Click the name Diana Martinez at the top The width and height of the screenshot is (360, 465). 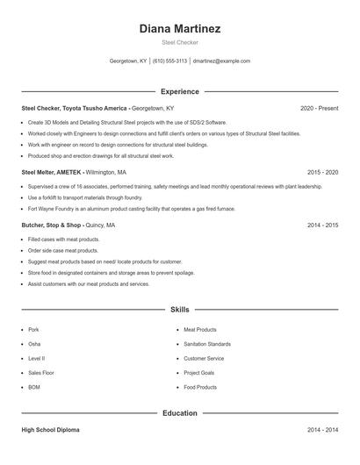180,29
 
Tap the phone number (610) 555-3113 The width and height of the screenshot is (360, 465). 169,61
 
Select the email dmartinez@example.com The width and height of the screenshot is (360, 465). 221,61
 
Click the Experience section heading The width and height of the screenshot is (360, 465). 180,91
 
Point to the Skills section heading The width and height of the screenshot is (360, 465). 180,310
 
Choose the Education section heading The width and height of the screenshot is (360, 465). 180,412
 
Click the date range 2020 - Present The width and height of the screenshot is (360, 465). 319,108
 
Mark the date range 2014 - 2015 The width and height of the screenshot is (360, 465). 322,225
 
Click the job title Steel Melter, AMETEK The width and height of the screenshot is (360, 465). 51,173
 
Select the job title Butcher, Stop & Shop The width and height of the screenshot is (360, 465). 52,225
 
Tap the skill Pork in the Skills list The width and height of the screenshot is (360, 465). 33,330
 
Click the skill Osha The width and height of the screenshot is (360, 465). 34,344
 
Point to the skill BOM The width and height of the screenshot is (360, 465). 34,387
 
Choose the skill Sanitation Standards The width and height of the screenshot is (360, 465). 207,344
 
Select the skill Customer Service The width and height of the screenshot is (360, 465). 204,358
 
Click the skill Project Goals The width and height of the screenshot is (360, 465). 199,373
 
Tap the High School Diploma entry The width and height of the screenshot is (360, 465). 52,430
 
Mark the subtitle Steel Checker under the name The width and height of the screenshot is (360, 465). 180,42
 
